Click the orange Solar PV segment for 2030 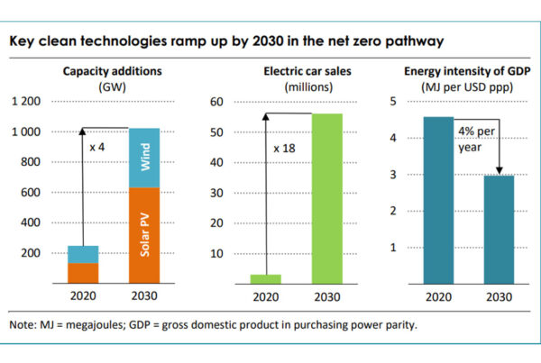click(x=143, y=234)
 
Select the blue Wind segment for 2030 click(x=143, y=159)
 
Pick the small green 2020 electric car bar click(x=266, y=278)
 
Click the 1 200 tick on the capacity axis click(x=24, y=102)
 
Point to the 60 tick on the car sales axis click(x=216, y=102)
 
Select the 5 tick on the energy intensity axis click(x=392, y=102)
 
